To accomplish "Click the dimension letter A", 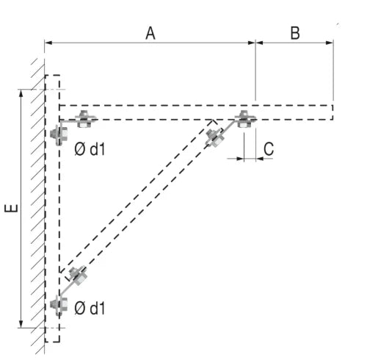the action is [x=150, y=33].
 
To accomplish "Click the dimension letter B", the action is [x=295, y=33].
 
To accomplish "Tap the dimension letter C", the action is [x=269, y=148].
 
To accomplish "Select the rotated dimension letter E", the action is [x=12, y=208].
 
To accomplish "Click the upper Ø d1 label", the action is [x=90, y=149].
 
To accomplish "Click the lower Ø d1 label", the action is [x=90, y=309].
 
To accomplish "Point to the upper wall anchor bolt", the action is [x=59, y=134].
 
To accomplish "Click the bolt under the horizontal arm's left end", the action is [x=84, y=119].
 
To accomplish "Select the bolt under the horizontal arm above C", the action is [x=244, y=119].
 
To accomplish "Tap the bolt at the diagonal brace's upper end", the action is [x=215, y=138].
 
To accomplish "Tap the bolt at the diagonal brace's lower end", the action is [x=78, y=276].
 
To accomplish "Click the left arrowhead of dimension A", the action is [x=48, y=43].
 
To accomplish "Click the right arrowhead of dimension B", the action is [x=330, y=43].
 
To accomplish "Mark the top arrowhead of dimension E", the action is [x=21, y=93].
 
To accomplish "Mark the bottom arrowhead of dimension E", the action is [x=21, y=324].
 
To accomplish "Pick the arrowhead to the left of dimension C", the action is [x=240, y=159].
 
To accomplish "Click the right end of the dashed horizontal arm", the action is [x=333, y=112].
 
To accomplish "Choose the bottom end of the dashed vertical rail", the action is [x=52, y=341].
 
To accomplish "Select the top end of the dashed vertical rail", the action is [x=52, y=76].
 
